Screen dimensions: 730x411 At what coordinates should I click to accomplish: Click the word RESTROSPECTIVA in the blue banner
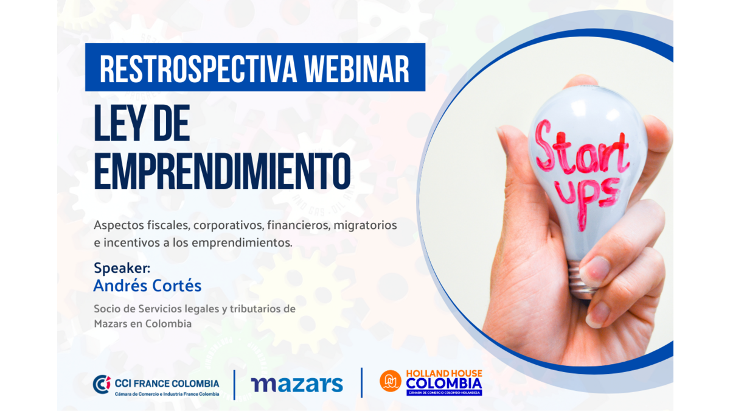(198, 69)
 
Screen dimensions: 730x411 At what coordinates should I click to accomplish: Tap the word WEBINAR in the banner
(356, 69)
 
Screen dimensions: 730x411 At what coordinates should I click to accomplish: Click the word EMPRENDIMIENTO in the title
(222, 172)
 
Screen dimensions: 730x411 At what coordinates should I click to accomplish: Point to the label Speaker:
(122, 268)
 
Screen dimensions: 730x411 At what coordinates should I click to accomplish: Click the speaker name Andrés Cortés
(148, 286)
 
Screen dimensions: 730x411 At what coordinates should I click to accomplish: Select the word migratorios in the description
(366, 225)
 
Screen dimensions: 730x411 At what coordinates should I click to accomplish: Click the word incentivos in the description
(132, 243)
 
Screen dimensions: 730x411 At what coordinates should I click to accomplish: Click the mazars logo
(297, 384)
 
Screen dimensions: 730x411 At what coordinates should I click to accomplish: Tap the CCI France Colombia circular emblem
(102, 384)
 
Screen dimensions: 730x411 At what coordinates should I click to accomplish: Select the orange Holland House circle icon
(391, 381)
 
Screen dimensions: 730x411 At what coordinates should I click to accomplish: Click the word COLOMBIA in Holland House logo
(444, 384)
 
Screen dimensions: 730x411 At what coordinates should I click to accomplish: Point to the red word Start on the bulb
(582, 149)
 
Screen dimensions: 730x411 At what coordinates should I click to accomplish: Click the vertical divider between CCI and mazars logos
(234, 385)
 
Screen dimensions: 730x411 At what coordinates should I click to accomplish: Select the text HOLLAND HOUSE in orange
(444, 373)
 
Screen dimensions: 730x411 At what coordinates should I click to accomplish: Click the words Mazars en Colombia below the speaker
(143, 324)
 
